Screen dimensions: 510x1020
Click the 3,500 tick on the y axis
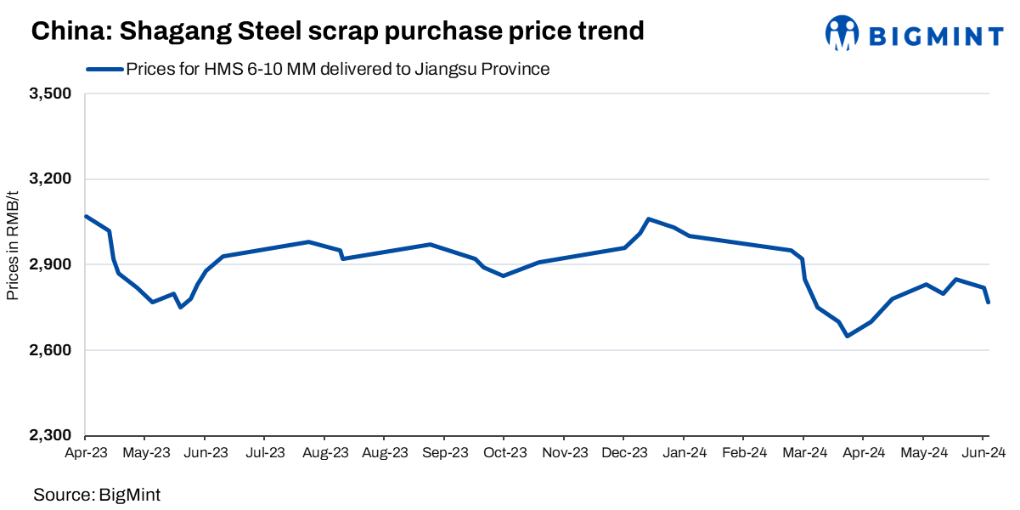coord(51,93)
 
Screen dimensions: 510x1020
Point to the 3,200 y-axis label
coord(51,179)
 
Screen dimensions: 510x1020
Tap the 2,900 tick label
coord(51,265)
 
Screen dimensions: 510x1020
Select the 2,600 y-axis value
coord(51,351)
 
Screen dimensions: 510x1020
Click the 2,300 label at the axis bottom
coord(51,436)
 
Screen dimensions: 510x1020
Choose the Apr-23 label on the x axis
coord(86,454)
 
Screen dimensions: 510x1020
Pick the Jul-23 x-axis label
coord(265,454)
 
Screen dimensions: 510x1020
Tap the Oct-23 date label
coord(504,454)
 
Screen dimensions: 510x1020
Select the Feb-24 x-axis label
coord(744,454)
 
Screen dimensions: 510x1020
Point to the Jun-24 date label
coord(983,454)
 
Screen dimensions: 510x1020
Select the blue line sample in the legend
coord(104,70)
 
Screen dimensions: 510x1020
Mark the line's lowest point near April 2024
coord(847,336)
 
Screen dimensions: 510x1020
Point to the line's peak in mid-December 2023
coord(648,219)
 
